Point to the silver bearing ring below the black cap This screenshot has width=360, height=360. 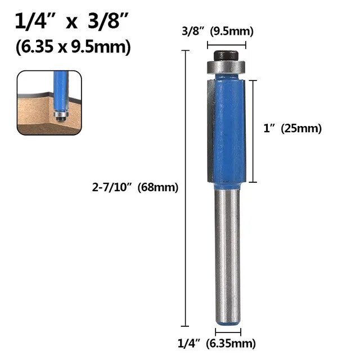coord(223,66)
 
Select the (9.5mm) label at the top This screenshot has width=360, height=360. coord(231,31)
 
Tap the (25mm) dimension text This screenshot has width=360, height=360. coord(304,128)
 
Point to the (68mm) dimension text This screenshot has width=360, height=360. coord(161,188)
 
